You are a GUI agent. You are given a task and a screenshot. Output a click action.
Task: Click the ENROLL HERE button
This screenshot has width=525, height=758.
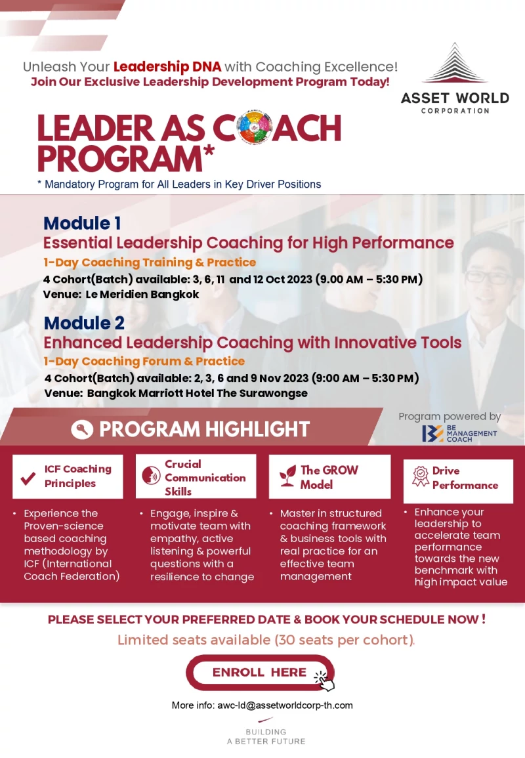point(260,673)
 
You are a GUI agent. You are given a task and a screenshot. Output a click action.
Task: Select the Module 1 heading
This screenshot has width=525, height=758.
point(82,223)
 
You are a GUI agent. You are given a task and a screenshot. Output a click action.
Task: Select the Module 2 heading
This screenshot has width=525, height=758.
point(84,322)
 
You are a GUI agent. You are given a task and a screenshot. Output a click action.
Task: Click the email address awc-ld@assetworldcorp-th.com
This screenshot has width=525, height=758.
point(285,705)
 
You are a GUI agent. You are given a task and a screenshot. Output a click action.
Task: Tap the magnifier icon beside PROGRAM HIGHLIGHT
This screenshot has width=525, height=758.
point(82,429)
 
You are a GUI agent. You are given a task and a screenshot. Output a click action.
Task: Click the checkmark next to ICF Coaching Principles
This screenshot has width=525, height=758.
point(28,478)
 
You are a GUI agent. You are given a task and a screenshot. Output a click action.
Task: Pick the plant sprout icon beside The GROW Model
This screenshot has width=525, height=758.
point(287,476)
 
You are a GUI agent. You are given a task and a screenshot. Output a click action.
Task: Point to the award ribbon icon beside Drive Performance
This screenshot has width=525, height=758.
point(421,476)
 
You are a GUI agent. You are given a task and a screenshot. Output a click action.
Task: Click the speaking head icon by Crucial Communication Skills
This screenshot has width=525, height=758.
point(152,476)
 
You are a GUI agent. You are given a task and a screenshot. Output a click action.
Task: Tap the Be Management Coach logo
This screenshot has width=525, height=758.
point(459,434)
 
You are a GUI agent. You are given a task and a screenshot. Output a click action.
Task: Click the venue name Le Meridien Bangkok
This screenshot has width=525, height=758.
point(142,295)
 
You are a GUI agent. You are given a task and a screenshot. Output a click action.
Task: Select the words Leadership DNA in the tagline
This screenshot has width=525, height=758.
point(167,66)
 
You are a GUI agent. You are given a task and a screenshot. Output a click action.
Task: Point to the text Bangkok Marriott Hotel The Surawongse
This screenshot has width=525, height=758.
point(198,393)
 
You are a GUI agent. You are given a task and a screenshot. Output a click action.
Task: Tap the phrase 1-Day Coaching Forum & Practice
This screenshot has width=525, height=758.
point(144,361)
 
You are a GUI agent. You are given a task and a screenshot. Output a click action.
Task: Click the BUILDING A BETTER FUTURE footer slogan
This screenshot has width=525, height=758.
point(266,736)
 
